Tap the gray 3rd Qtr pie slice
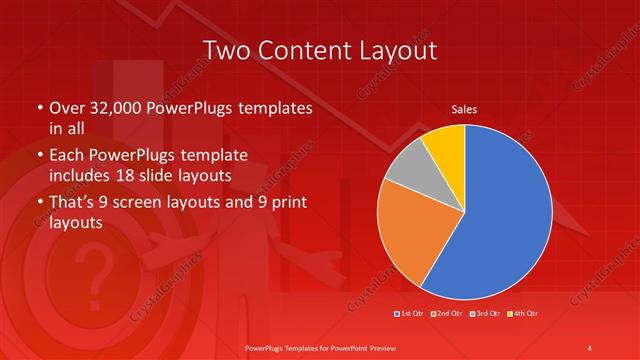[408, 166]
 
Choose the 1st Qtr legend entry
[412, 314]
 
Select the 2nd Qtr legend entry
[446, 314]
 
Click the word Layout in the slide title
[392, 49]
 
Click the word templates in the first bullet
[273, 108]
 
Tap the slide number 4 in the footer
[590, 347]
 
